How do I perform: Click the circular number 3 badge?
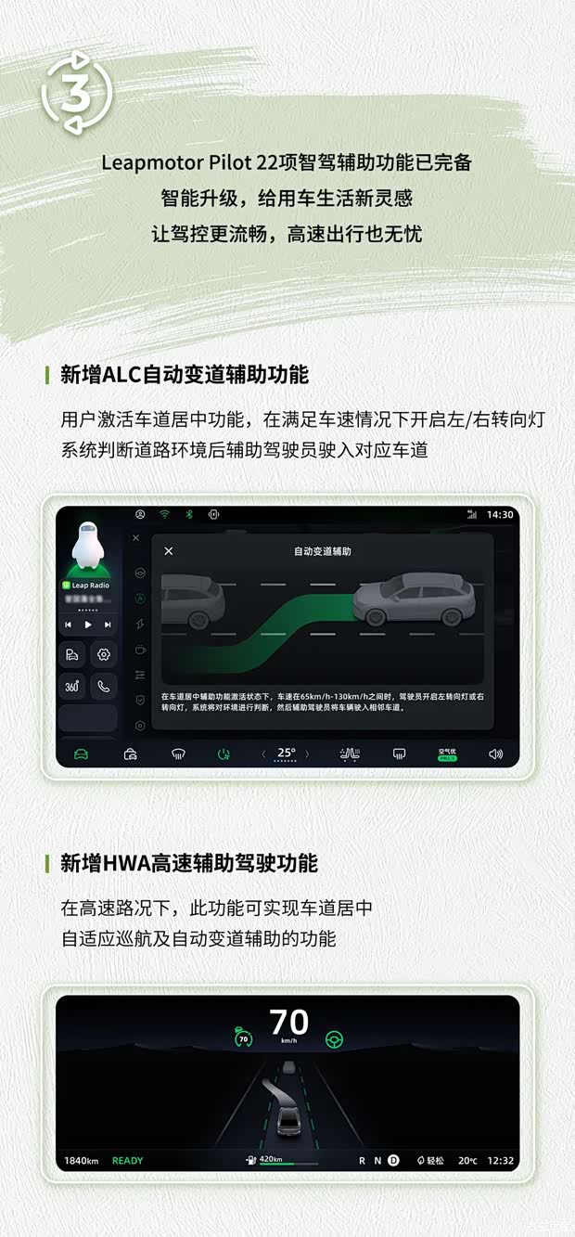(x=76, y=93)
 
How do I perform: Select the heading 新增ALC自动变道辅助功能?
(x=184, y=375)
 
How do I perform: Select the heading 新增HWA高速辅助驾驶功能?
(x=188, y=863)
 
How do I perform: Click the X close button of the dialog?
(x=169, y=551)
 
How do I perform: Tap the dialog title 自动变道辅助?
(x=322, y=551)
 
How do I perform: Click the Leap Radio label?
(x=90, y=586)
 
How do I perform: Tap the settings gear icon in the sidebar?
(x=104, y=654)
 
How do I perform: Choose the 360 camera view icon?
(x=73, y=687)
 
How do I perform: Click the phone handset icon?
(x=104, y=687)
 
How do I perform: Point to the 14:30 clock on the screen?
(x=499, y=514)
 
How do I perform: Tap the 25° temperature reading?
(x=287, y=754)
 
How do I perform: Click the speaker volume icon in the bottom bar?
(x=496, y=754)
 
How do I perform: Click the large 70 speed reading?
(x=288, y=1023)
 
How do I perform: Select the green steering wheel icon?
(x=334, y=1039)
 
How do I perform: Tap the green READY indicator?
(x=128, y=1161)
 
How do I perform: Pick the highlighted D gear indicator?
(x=393, y=1160)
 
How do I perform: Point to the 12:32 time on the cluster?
(x=500, y=1161)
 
